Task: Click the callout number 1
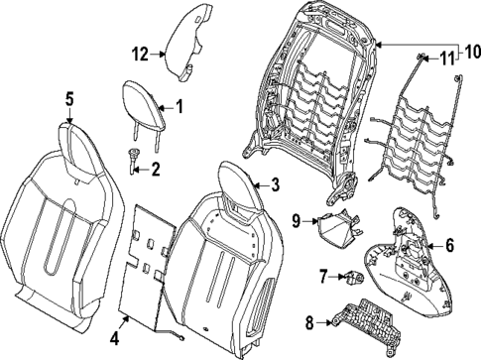[x=180, y=104]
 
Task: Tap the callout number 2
[x=154, y=170]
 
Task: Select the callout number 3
[x=276, y=183]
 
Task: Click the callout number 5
[x=69, y=98]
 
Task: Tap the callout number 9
[x=297, y=218]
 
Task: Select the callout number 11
[x=445, y=57]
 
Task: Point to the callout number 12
[x=140, y=53]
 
